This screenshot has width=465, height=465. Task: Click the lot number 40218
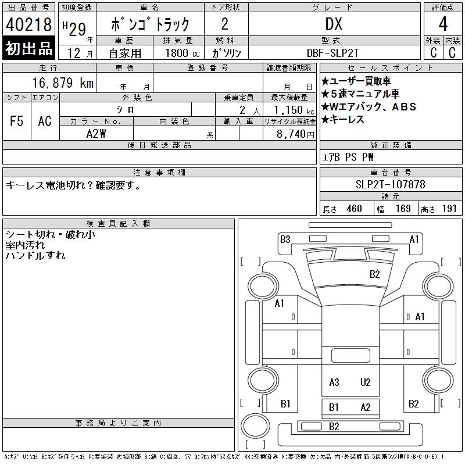click(x=28, y=24)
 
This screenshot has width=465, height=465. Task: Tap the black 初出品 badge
click(x=28, y=48)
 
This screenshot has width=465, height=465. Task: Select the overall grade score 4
click(x=443, y=24)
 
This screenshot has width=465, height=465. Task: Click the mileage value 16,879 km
click(x=63, y=83)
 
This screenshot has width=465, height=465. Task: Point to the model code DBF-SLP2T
click(x=332, y=53)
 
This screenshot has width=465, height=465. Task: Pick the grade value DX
click(x=334, y=24)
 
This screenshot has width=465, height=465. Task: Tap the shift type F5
click(x=17, y=121)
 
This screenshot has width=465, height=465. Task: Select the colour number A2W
click(x=96, y=134)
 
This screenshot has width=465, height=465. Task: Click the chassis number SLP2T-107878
click(x=390, y=184)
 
